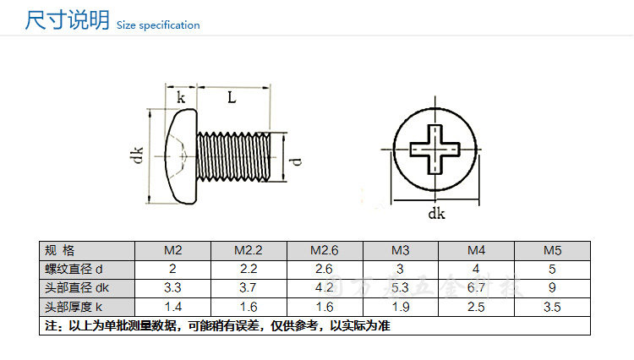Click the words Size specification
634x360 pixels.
158,25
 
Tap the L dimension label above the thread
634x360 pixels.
232,97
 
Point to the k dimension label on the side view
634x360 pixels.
181,98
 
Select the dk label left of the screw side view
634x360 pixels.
138,156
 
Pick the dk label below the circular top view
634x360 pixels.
436,214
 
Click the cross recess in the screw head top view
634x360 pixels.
436,150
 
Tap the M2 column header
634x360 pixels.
173,250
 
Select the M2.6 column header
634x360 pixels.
325,250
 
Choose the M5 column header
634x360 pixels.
553,250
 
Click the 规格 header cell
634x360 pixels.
60,250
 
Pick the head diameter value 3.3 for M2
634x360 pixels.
173,287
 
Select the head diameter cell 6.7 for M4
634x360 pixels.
477,287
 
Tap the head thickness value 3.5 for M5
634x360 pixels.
553,306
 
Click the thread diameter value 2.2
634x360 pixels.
249,269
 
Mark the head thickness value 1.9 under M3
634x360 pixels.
401,306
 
